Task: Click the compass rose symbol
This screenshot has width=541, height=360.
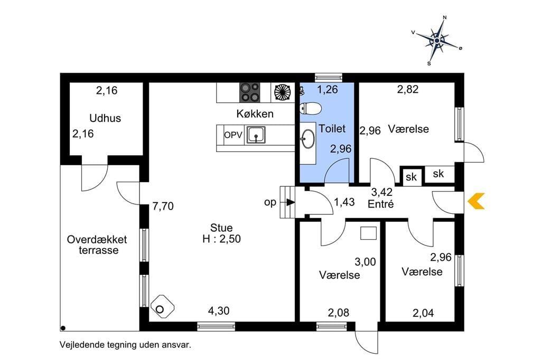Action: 437,41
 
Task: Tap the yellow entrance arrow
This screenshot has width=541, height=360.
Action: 476,202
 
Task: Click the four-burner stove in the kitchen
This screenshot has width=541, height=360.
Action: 250,92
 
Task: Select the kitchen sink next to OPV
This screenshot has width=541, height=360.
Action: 256,135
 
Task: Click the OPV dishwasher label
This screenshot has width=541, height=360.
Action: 233,135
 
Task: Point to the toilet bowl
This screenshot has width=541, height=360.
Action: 311,108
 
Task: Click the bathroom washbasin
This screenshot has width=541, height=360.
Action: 308,139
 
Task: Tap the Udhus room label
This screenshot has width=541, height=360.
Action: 105,118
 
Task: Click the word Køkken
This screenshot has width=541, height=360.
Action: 255,113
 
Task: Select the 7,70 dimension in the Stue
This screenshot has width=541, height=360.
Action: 163,206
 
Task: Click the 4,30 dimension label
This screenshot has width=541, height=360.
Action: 219,311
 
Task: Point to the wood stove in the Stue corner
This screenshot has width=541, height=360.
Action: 162,307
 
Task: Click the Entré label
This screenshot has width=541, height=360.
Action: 380,204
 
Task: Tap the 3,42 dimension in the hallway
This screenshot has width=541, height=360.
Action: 381,192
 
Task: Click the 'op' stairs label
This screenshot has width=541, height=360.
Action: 270,202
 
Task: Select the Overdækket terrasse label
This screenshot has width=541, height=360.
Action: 97,244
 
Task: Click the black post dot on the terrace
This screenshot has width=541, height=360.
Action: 63,328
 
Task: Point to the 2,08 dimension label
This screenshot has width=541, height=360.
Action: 339,313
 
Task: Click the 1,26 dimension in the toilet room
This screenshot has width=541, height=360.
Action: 328,90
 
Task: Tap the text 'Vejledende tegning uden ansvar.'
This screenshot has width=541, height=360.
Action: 125,345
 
